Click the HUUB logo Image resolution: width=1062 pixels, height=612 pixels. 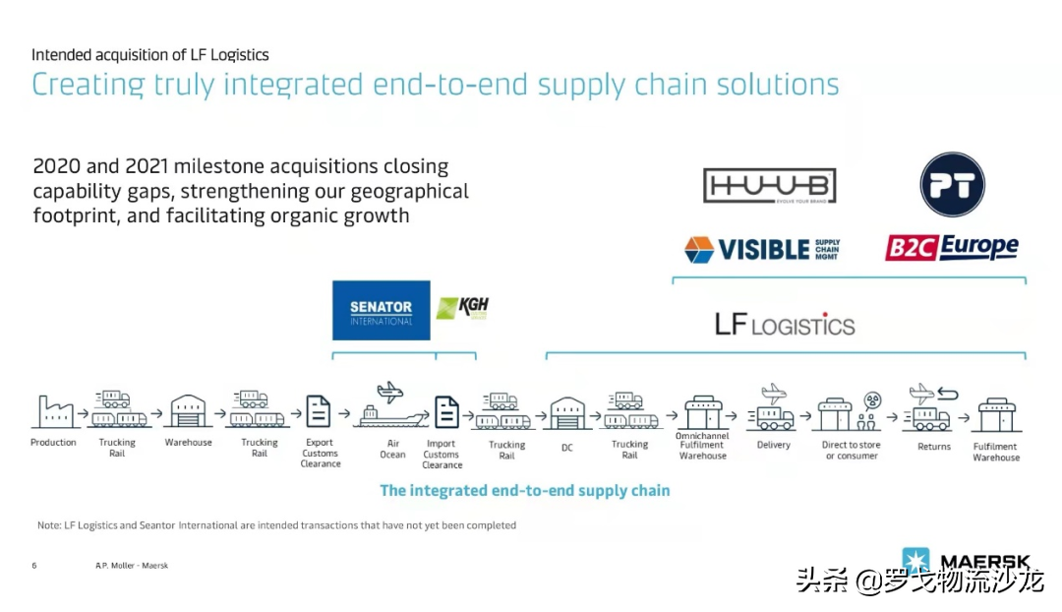(769, 187)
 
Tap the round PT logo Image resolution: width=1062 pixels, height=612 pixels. (952, 185)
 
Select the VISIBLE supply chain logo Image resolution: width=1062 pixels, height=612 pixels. (762, 249)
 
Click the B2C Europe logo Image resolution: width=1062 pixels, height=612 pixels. (951, 247)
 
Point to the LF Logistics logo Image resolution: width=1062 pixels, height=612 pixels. (785, 324)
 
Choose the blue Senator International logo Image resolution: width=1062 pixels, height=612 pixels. (382, 311)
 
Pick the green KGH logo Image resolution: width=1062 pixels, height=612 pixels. (462, 308)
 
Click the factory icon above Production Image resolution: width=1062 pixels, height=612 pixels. (53, 411)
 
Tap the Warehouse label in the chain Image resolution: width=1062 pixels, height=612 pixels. (188, 443)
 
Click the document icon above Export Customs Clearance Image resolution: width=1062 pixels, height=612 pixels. (319, 411)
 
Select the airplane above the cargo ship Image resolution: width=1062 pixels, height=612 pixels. (390, 392)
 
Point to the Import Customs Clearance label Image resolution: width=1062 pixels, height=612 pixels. (442, 454)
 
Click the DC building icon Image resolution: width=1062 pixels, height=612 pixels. (566, 413)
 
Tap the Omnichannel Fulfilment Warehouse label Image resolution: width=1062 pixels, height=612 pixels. (703, 446)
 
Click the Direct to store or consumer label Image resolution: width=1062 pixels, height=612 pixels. (852, 451)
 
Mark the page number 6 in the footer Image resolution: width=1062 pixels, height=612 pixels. (34, 566)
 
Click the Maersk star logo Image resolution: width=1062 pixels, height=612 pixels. (915, 562)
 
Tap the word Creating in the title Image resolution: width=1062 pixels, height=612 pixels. (89, 85)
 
